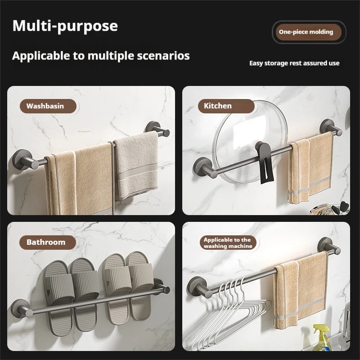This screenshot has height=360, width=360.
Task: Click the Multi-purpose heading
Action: (x=65, y=26)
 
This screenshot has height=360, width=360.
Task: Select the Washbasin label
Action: (x=45, y=106)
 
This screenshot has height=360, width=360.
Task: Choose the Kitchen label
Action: (x=218, y=106)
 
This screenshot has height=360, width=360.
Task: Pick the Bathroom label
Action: (x=46, y=242)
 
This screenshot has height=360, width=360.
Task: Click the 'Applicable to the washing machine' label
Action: (x=227, y=243)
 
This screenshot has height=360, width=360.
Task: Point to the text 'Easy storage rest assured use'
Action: (x=294, y=63)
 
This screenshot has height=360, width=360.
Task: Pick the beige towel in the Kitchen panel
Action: (x=310, y=166)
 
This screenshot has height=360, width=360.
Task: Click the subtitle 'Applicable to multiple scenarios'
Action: (x=101, y=56)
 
